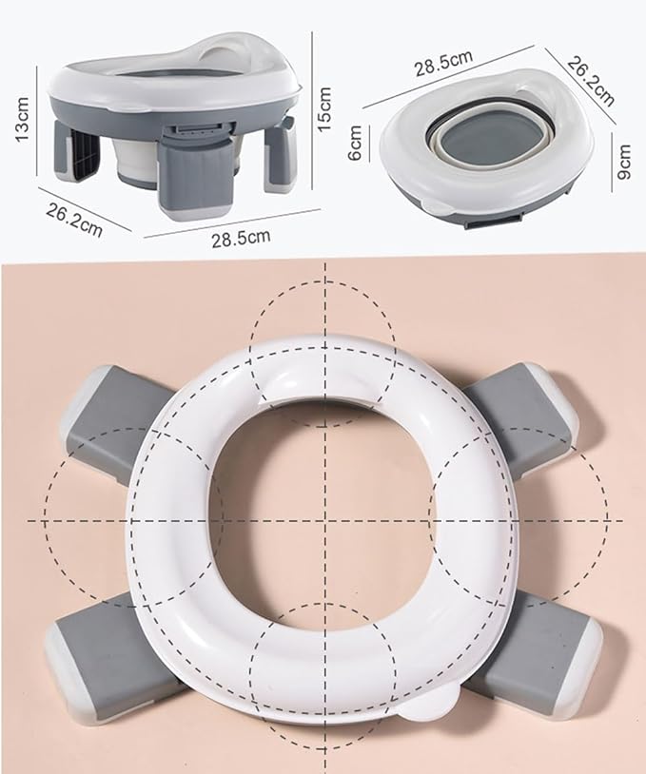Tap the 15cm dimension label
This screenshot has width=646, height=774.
326,109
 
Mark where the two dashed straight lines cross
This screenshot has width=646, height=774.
326,521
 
